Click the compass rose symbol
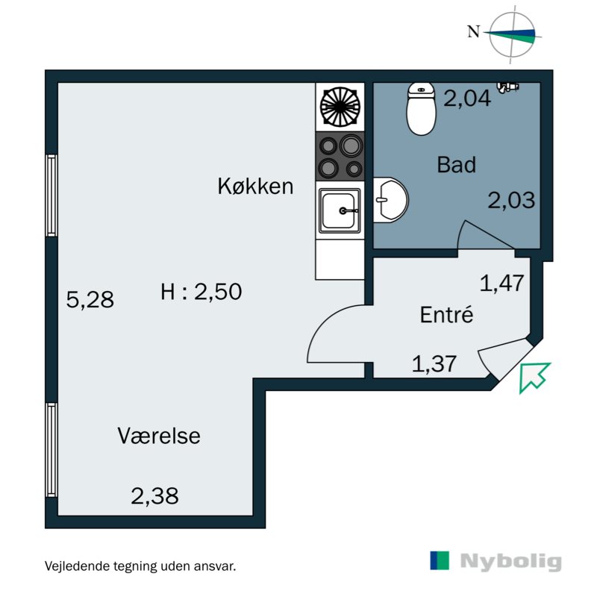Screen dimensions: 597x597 point(512,33)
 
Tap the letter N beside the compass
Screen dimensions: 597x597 point(472,31)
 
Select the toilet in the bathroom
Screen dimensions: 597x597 point(421,108)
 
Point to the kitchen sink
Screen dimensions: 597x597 point(340,210)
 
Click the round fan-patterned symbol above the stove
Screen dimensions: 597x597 point(340,107)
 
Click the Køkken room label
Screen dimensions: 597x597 point(255,186)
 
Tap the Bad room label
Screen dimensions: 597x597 point(456,165)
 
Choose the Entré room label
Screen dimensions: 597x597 point(447,315)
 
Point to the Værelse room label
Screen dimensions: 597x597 point(159,436)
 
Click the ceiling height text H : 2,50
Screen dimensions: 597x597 point(201,293)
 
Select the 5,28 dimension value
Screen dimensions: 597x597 point(90,300)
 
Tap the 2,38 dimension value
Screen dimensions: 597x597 point(154,496)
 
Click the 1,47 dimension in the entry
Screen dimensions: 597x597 point(502,284)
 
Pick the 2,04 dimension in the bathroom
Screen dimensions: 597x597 point(467,98)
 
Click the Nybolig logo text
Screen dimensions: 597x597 point(510,561)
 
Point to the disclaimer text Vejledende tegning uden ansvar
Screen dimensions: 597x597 point(140,566)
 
